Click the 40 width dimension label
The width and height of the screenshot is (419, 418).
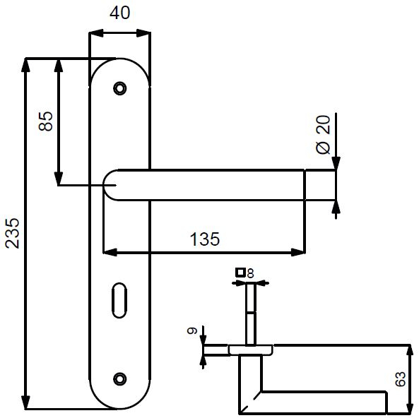pos(119,13)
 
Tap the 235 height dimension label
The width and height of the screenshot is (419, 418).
pos(13,233)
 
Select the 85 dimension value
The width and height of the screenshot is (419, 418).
pos(46,121)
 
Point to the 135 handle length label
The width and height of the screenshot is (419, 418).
pos(205,239)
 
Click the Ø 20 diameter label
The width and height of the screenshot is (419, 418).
pos(323,135)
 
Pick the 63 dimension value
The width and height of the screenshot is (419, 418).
pos(400,378)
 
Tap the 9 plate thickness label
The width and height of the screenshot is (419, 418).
pos(192,330)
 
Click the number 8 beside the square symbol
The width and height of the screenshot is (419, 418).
pos(250,273)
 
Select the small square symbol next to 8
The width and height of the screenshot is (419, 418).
pos(240,273)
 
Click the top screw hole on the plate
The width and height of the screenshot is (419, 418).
pos(119,88)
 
